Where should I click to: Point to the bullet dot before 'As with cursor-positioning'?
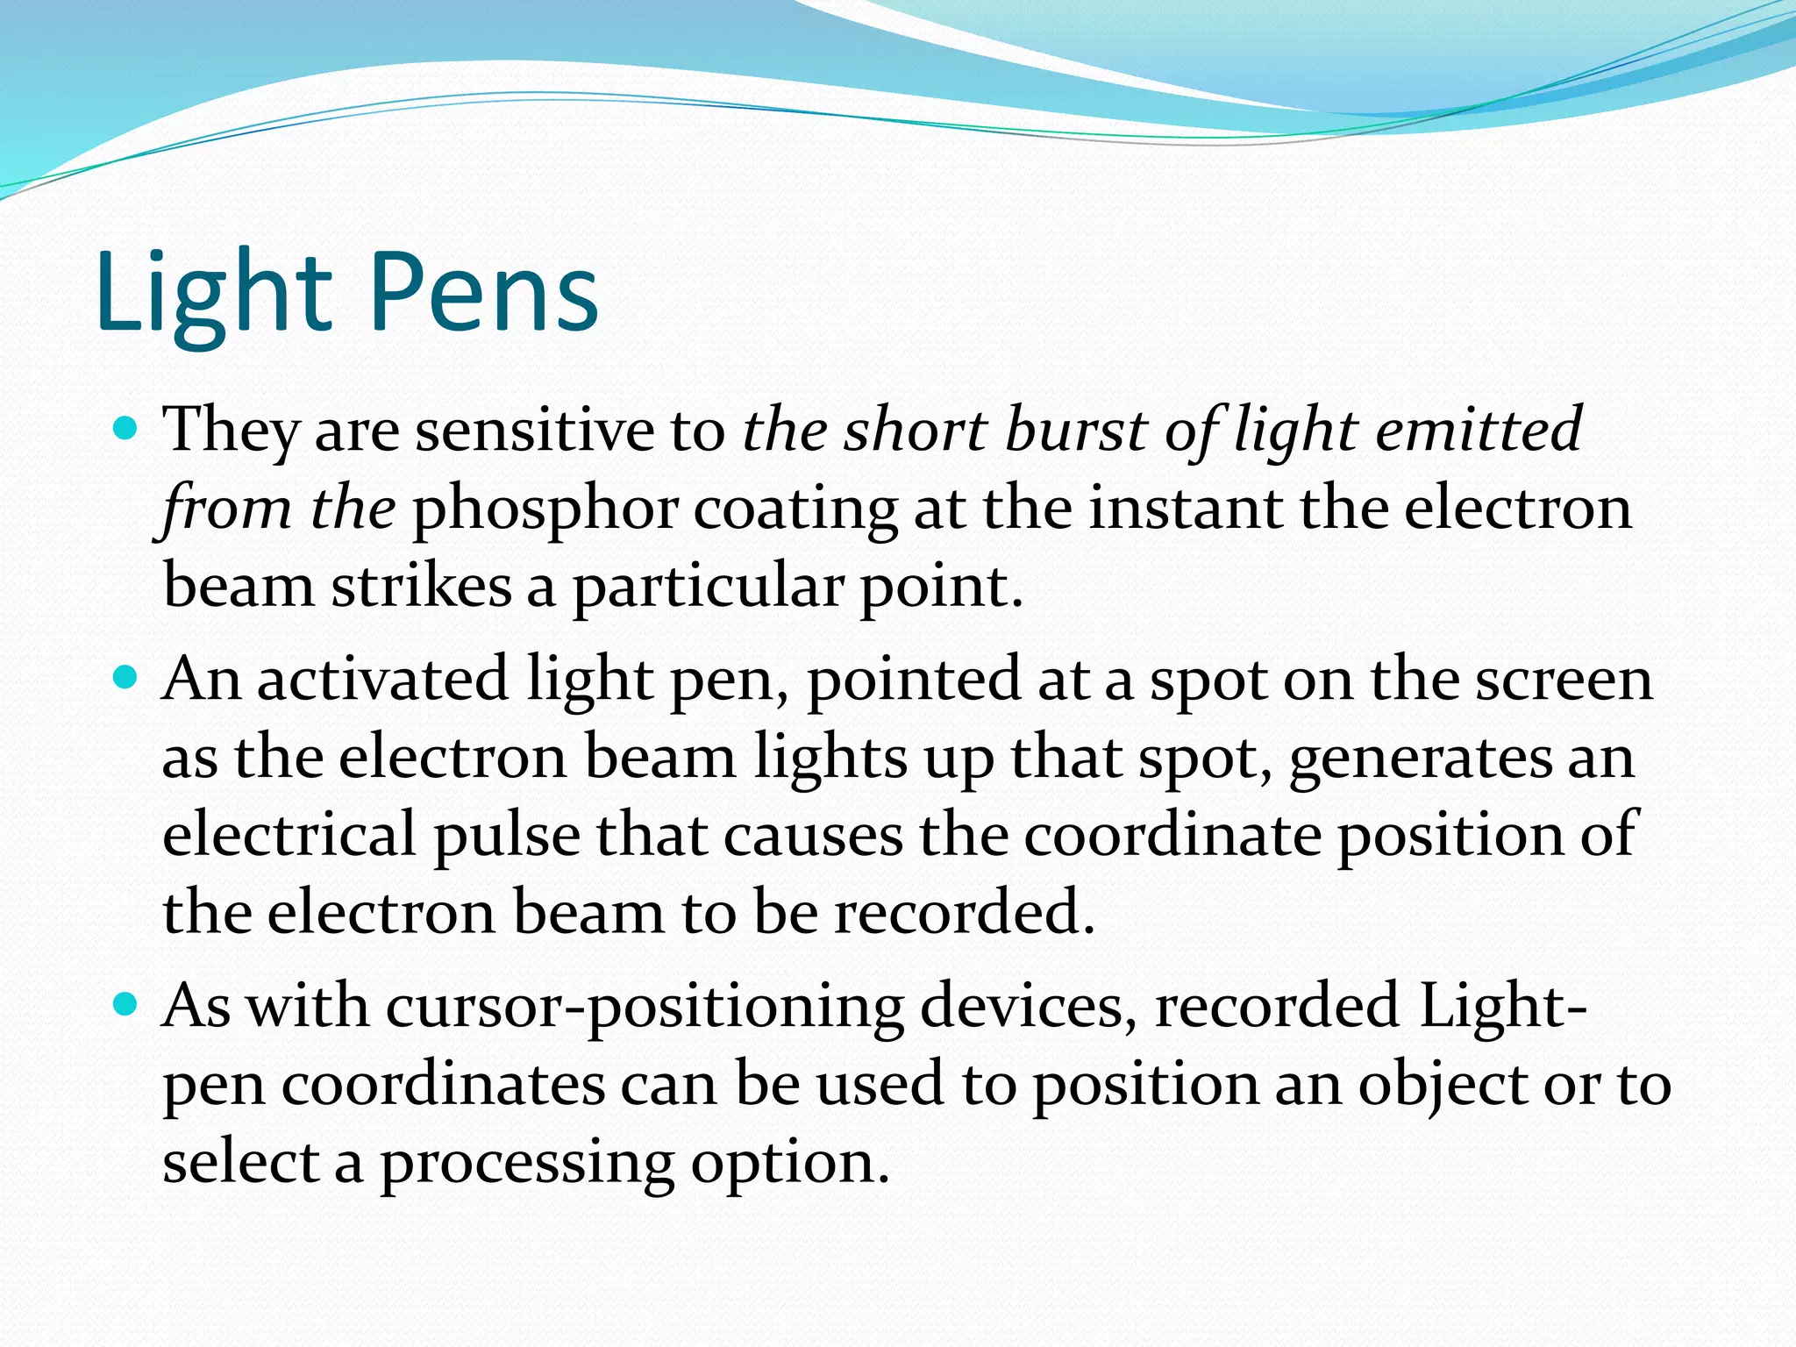[127, 1005]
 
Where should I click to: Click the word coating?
[795, 510]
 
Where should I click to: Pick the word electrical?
[289, 834]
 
